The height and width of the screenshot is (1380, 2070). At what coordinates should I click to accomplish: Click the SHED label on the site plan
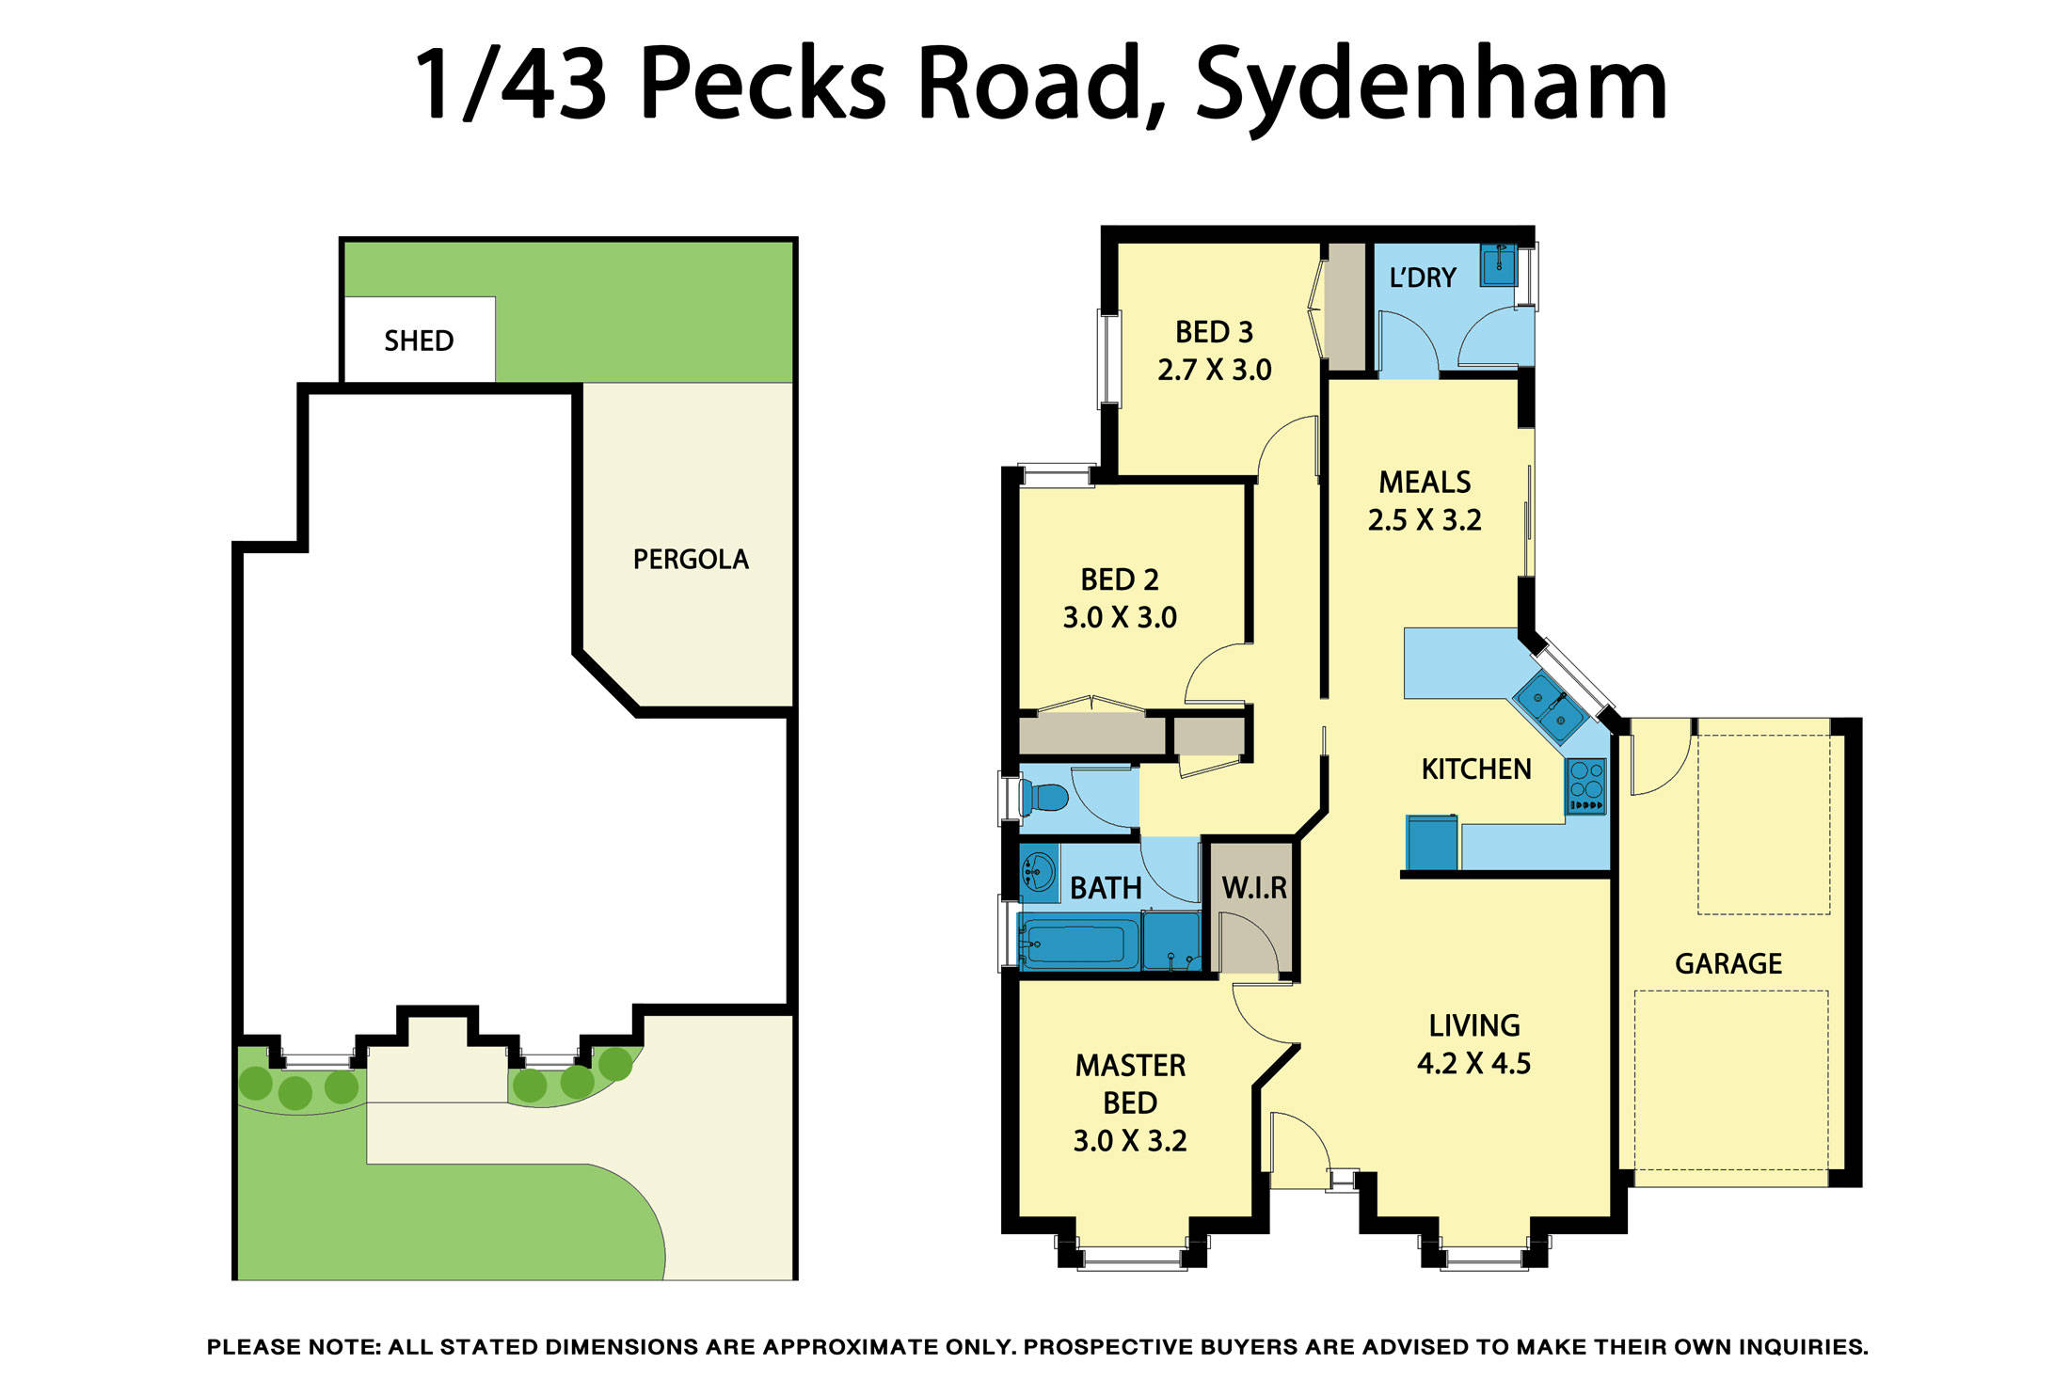tap(419, 341)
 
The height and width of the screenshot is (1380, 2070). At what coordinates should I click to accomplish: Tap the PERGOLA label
tap(691, 560)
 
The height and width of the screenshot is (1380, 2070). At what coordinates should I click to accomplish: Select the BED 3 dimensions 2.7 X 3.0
tap(1214, 371)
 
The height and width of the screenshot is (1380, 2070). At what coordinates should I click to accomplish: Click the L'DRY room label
tap(1422, 278)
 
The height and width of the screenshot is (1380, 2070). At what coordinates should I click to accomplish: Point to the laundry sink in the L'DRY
tap(1499, 265)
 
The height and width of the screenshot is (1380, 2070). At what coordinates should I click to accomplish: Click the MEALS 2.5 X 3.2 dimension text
tap(1425, 520)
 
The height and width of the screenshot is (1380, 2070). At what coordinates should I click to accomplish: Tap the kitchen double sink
tap(1549, 707)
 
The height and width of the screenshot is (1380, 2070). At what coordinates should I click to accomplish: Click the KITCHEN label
tap(1475, 769)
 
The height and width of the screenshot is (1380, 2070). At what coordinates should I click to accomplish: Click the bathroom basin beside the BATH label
tap(1039, 872)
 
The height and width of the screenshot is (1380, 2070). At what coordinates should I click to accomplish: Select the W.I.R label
tap(1253, 888)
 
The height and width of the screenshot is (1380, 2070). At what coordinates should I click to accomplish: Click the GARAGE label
tap(1728, 964)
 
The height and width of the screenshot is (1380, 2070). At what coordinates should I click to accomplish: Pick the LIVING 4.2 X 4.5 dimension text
tap(1473, 1064)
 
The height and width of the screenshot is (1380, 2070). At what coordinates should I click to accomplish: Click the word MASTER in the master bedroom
tap(1130, 1066)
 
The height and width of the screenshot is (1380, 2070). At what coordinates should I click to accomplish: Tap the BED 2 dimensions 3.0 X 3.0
tap(1120, 618)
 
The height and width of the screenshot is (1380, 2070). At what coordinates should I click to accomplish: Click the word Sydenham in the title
tap(1430, 87)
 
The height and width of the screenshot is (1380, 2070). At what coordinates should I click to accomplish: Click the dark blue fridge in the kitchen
tap(1431, 843)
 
